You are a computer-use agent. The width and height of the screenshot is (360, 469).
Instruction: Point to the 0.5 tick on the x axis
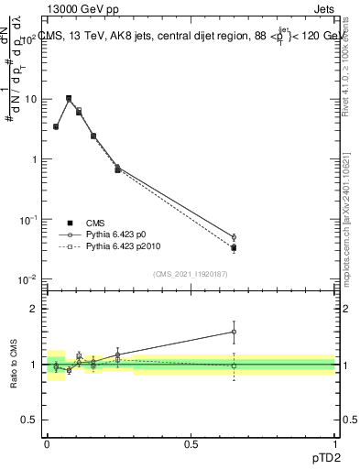tap(191, 444)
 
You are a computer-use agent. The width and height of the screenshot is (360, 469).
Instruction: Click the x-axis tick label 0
tap(47, 444)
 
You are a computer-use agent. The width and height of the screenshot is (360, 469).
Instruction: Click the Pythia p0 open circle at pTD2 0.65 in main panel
tap(234, 237)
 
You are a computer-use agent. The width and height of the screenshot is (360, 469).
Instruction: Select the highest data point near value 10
tap(69, 98)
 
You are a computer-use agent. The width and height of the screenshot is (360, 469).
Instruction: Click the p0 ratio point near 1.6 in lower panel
tap(234, 332)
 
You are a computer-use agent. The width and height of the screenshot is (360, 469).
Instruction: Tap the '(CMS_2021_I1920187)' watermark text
tap(191, 272)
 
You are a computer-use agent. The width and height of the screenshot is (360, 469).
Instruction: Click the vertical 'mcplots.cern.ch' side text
tap(345, 220)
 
